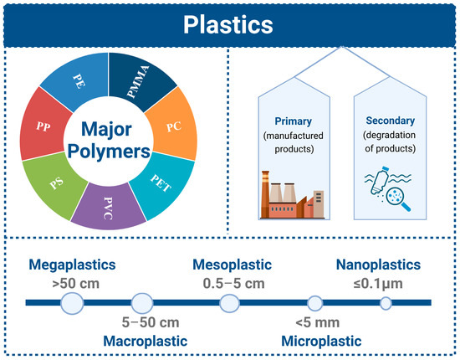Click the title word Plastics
tap(230, 23)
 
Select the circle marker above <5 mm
tap(315, 303)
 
